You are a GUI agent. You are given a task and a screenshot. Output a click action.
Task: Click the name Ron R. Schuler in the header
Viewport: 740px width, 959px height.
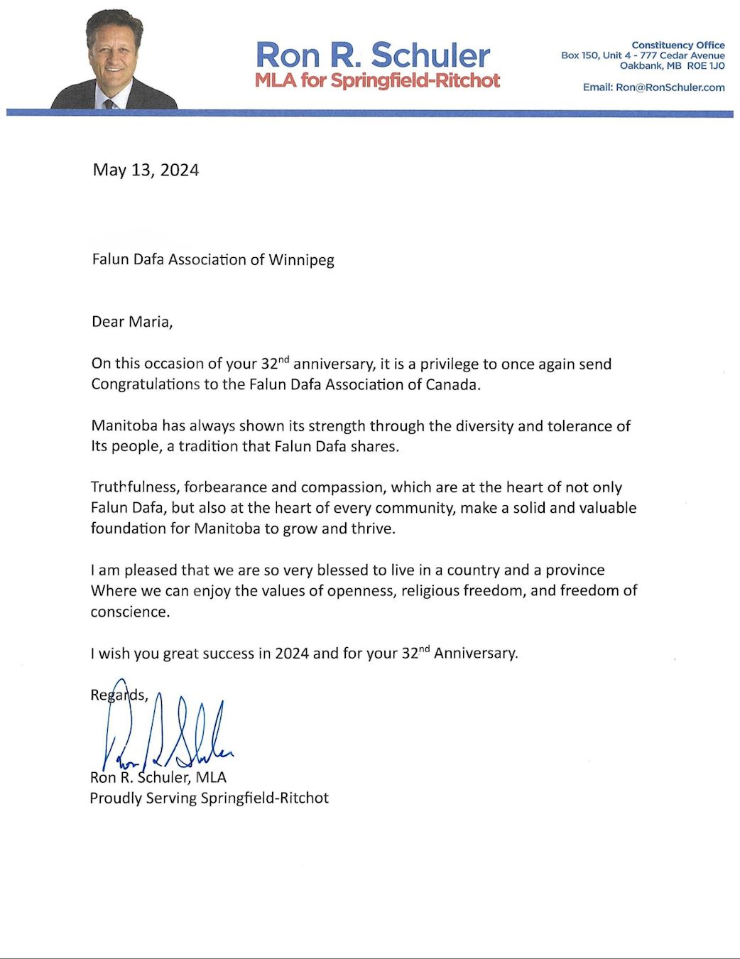coord(373,55)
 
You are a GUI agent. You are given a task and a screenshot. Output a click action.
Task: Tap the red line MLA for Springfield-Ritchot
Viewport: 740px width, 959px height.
coord(377,80)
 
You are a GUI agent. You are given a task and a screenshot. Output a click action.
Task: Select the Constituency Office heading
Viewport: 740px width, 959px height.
coord(678,45)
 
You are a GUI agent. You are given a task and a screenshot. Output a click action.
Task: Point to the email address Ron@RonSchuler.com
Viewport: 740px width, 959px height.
coord(670,87)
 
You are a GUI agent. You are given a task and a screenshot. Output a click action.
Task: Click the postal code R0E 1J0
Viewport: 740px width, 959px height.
coord(706,66)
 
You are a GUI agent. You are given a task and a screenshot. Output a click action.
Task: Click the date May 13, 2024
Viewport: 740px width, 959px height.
coord(146,170)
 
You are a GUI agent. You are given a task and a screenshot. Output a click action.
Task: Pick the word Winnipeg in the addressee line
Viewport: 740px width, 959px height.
coord(301,259)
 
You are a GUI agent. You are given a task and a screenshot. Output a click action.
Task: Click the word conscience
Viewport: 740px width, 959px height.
coord(129,612)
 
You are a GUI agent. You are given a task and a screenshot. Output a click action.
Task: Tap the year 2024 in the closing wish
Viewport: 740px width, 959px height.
coord(291,654)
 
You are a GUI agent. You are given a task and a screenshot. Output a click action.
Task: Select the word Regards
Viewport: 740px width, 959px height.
coord(119,695)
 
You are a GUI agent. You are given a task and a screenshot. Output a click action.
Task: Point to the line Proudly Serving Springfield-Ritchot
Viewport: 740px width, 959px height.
coord(209,798)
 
